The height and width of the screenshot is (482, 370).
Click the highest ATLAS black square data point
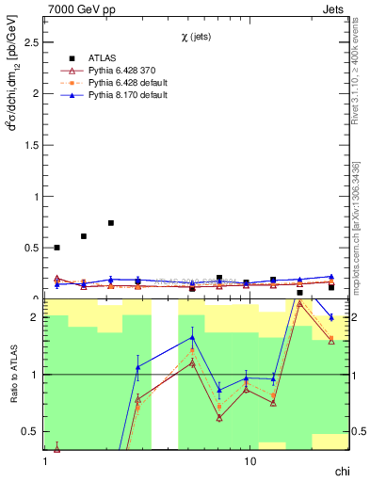click(111, 223)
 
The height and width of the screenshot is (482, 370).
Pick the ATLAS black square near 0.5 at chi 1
click(56, 248)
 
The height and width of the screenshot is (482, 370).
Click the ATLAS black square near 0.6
click(84, 236)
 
